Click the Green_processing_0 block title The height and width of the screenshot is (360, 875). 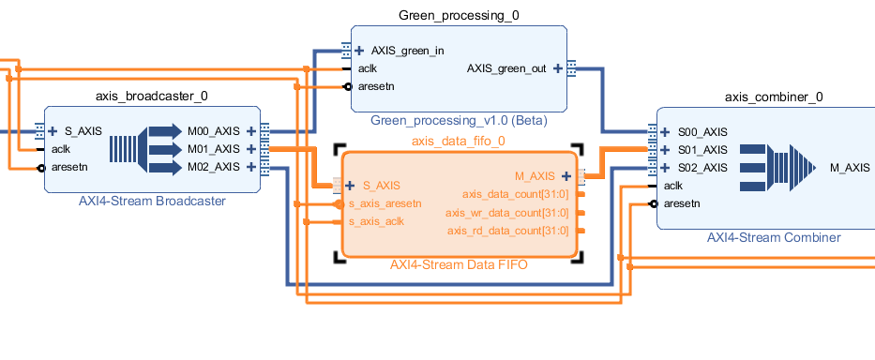click(459, 15)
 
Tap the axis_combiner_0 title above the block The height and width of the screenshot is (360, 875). click(774, 97)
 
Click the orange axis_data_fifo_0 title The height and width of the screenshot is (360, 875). click(459, 141)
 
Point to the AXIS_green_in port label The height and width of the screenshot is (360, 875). click(407, 51)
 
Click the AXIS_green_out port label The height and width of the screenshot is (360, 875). click(506, 68)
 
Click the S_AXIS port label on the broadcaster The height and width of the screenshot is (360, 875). click(83, 131)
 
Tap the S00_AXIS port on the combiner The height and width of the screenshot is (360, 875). click(702, 132)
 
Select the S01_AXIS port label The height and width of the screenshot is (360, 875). click(702, 150)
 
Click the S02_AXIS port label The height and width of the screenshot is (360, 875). click(702, 168)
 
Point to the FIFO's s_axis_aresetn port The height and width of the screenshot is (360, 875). click(385, 203)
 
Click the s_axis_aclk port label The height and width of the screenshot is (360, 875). click(376, 221)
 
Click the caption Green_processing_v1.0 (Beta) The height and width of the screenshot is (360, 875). click(459, 120)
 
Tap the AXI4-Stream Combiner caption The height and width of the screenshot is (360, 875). click(774, 237)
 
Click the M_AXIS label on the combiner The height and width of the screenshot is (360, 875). click(850, 168)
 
